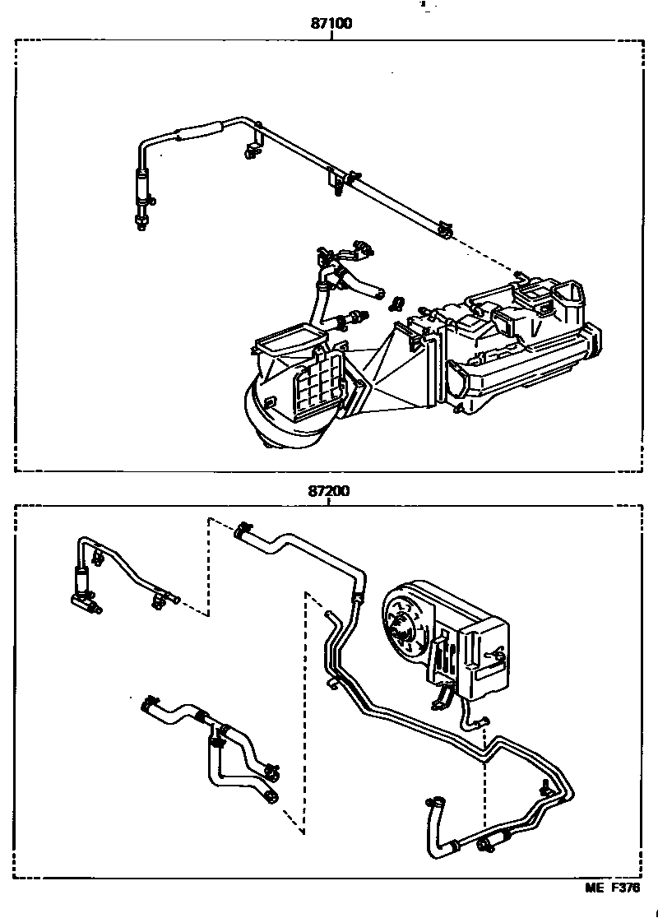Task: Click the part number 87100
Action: (331, 24)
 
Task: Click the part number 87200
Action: (330, 491)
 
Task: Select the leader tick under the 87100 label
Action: (331, 36)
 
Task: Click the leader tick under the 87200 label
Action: (330, 503)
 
